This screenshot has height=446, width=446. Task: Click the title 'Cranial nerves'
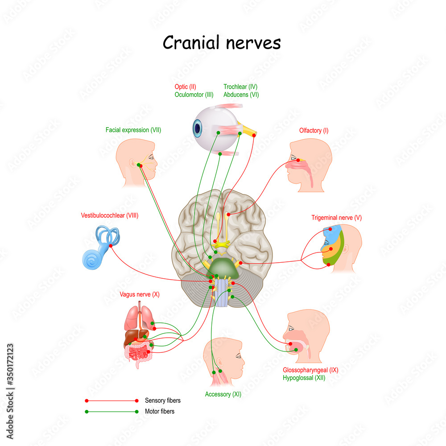[x=222, y=43]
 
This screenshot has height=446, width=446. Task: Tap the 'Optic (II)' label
[x=185, y=87]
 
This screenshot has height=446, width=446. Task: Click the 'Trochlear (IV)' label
[x=240, y=87]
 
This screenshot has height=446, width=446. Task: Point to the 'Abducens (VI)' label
[x=241, y=95]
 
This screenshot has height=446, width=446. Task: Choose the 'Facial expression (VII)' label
[x=133, y=130]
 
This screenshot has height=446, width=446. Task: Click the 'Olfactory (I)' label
[x=314, y=130]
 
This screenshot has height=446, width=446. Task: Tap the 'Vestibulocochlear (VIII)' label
[x=110, y=215]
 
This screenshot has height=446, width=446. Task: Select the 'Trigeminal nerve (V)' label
[x=336, y=218]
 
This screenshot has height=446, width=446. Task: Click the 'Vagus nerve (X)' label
[x=139, y=294]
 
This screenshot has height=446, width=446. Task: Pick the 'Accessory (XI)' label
[x=223, y=394]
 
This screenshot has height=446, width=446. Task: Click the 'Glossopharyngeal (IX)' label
[x=310, y=370]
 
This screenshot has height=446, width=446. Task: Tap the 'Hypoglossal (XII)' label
[x=304, y=378]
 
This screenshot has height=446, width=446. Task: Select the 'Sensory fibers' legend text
[x=163, y=401]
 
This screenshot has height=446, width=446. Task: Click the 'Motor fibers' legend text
[x=160, y=411]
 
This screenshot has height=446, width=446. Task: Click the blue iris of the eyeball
[x=197, y=128]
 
